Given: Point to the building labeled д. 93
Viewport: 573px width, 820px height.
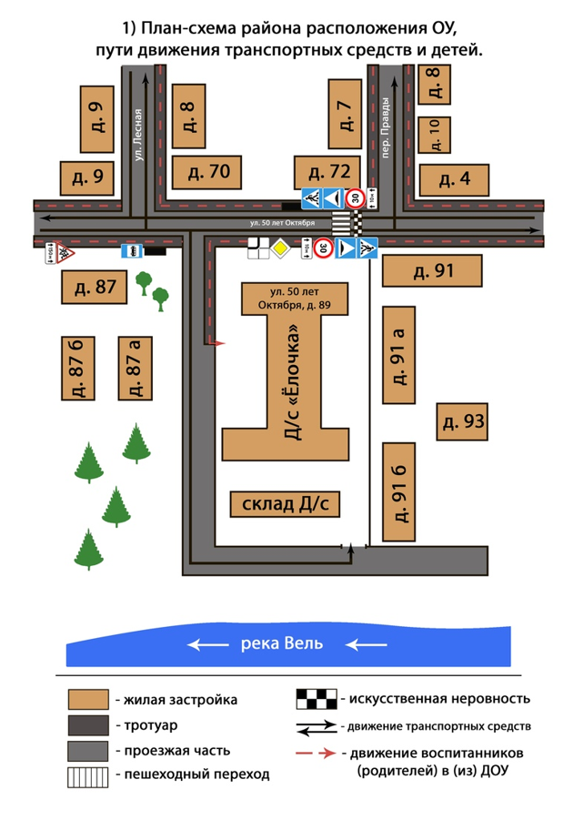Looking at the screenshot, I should (x=461, y=420).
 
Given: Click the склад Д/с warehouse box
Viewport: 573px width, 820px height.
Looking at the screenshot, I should (x=285, y=504).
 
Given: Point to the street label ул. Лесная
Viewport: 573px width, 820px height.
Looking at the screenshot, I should (x=139, y=135).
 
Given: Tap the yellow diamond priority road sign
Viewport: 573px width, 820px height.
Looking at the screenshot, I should (x=284, y=247).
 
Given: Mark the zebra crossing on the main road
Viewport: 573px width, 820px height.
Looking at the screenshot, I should (x=340, y=222).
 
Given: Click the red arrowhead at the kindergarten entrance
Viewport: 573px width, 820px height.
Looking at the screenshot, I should (x=217, y=342).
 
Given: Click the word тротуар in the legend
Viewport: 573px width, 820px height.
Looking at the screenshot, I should (x=141, y=725).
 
